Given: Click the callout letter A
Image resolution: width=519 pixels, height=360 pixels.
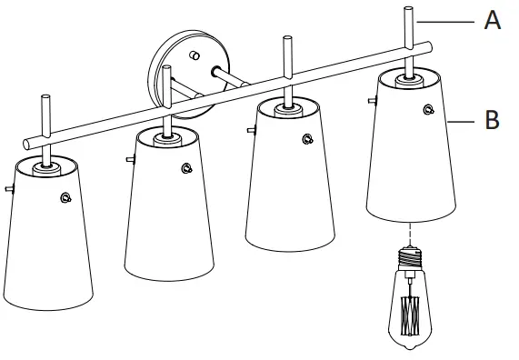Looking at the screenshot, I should pyautogui.click(x=492, y=20).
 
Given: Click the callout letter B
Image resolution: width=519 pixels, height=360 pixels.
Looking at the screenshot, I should pyautogui.click(x=492, y=119).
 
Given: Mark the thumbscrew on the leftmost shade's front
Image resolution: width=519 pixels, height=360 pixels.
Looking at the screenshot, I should pyautogui.click(x=65, y=197).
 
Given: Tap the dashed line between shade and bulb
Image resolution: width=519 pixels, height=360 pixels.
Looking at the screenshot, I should pyautogui.click(x=410, y=235).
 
